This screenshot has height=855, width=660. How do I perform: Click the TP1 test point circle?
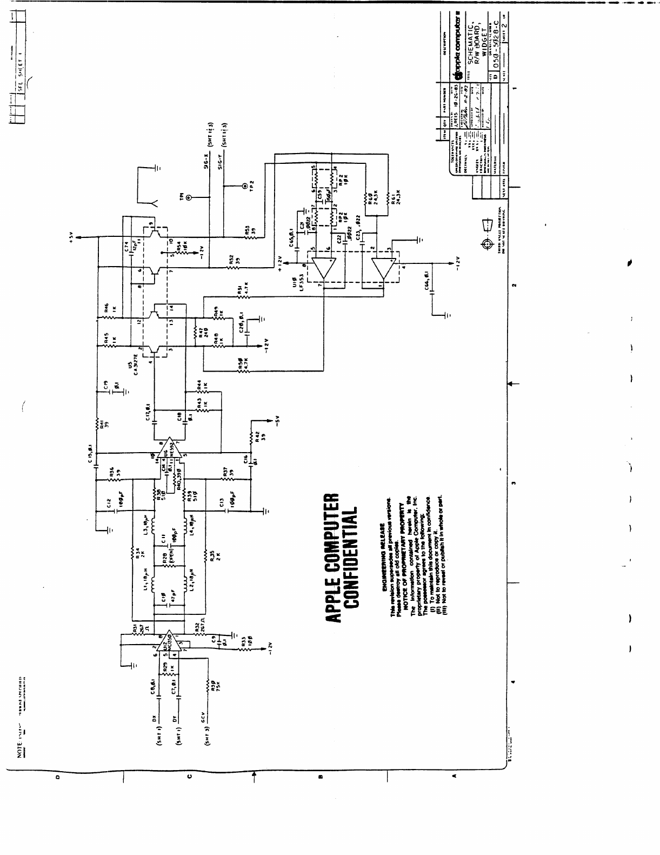(x=188, y=198)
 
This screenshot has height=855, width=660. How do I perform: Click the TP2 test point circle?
(x=246, y=186)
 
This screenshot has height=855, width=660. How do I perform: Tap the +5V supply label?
(x=71, y=238)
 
